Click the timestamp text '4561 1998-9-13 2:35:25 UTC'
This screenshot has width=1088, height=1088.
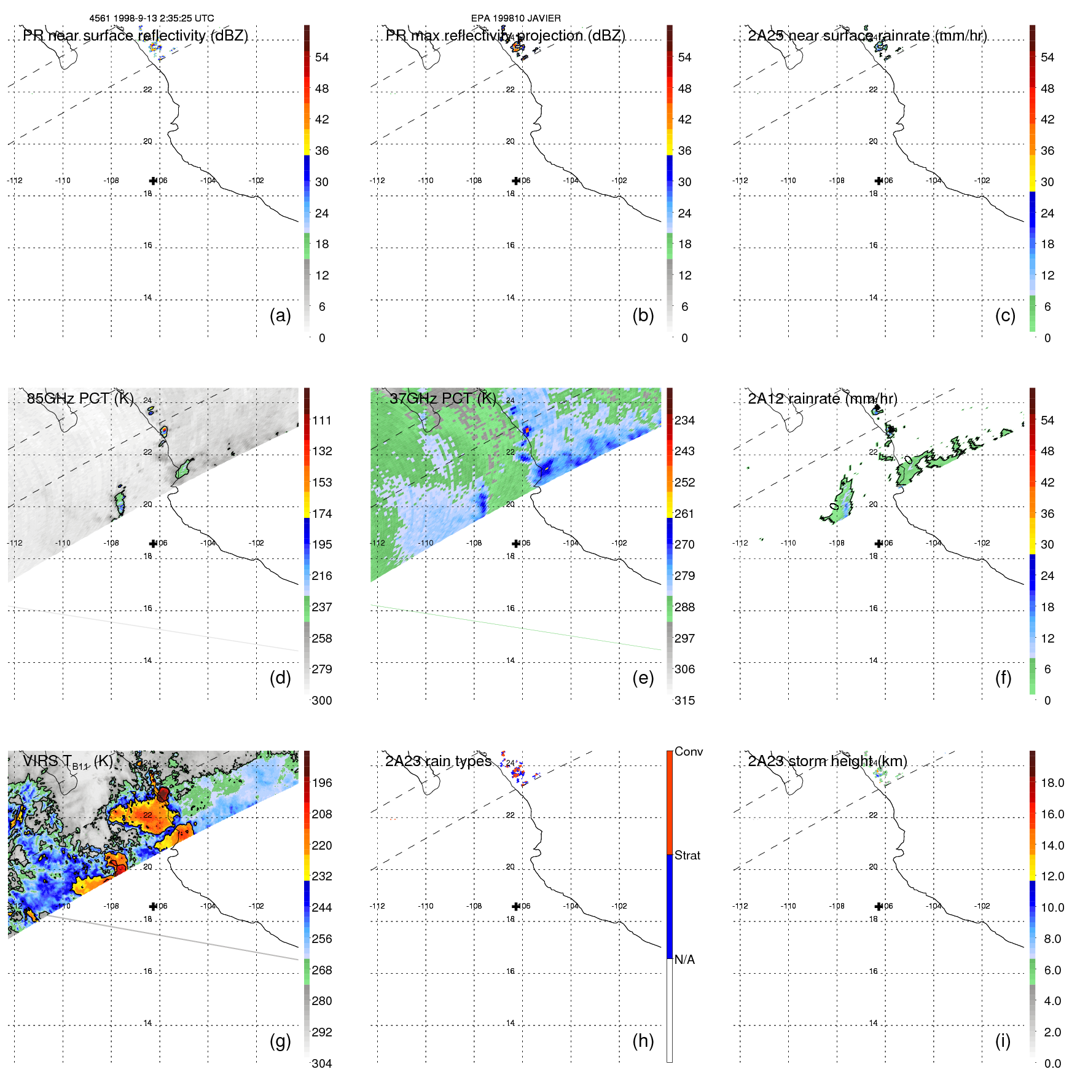click(152, 18)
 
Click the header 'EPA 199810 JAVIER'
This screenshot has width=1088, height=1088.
click(515, 18)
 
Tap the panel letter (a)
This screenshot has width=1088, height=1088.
click(280, 315)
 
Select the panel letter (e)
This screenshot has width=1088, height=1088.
click(643, 678)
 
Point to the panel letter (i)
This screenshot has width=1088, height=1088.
click(1003, 1041)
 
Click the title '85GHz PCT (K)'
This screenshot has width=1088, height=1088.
click(80, 398)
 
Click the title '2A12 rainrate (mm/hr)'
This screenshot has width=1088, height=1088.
click(822, 398)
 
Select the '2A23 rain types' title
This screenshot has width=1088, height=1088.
click(438, 761)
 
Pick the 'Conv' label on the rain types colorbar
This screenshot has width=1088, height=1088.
click(688, 751)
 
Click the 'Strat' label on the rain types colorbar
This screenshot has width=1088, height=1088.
click(687, 855)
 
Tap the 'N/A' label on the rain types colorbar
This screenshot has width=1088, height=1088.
click(684, 960)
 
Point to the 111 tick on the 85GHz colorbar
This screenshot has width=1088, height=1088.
click(322, 420)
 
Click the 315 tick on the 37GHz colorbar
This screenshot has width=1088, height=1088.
click(684, 700)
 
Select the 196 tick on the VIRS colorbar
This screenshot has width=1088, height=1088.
click(322, 783)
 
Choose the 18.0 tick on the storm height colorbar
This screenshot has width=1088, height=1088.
click(1052, 783)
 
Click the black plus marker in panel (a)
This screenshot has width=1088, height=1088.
click(153, 181)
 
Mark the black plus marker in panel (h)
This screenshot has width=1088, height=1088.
click(516, 906)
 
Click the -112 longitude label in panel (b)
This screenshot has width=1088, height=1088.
click(377, 181)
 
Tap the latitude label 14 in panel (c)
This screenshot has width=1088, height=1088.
click(873, 297)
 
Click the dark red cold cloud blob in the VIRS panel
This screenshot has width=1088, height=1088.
click(163, 794)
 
